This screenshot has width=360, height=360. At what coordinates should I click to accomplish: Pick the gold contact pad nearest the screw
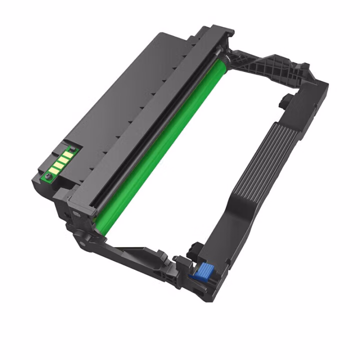point(55,170)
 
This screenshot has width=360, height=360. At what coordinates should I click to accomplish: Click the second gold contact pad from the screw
point(60,165)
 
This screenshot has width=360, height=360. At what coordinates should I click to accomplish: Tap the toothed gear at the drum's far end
point(228,59)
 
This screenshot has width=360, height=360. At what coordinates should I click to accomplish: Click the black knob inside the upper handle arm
point(283,100)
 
